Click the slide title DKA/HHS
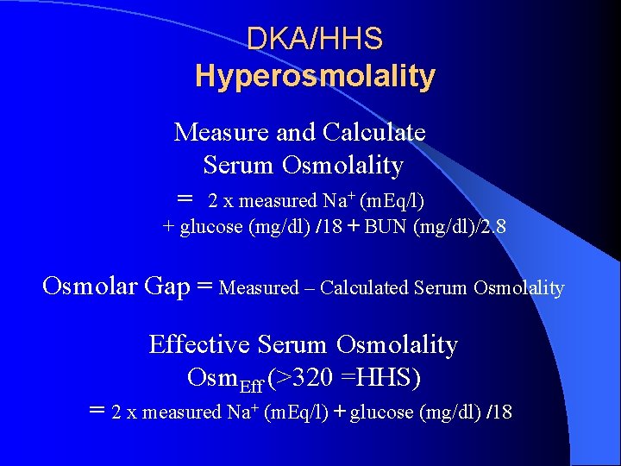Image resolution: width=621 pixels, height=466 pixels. click(315, 39)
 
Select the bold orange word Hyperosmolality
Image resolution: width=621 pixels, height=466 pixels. click(315, 76)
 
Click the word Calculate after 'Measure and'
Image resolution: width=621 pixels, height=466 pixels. click(373, 132)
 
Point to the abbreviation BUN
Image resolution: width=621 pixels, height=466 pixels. click(388, 228)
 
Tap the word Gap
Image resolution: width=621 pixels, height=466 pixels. click(171, 287)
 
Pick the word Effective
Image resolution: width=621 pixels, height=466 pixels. click(196, 344)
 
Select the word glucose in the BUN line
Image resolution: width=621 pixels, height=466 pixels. click(211, 228)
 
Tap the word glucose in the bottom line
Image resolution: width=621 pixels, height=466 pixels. click(381, 412)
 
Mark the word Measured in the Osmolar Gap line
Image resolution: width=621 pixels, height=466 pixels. click(256, 288)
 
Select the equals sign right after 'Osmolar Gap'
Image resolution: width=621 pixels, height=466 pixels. click(205, 287)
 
